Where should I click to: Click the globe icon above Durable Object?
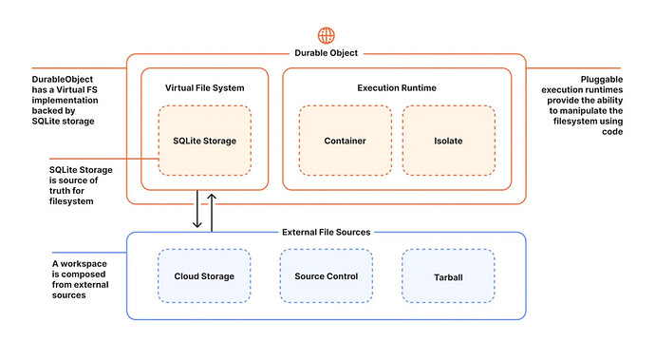[x=326, y=35]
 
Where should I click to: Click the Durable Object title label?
[x=327, y=53]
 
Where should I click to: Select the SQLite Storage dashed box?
[x=205, y=141]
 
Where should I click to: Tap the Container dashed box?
[x=345, y=141]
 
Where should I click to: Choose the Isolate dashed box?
[x=448, y=141]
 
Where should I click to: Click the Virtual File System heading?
[x=205, y=87]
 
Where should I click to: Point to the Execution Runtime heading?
[x=397, y=87]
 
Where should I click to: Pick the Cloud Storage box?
[x=204, y=276]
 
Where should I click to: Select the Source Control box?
[x=327, y=276]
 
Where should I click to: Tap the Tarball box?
[x=448, y=276]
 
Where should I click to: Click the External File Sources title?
[x=327, y=232]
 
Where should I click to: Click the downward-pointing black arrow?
[x=197, y=209]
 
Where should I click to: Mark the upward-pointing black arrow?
[x=212, y=213]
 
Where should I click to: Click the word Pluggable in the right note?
[x=602, y=80]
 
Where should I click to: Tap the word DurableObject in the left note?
[x=63, y=79]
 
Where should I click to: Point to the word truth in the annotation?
[x=61, y=191]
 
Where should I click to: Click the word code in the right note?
[x=612, y=132]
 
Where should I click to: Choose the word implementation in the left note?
[x=65, y=101]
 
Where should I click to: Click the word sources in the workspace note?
[x=69, y=295]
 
